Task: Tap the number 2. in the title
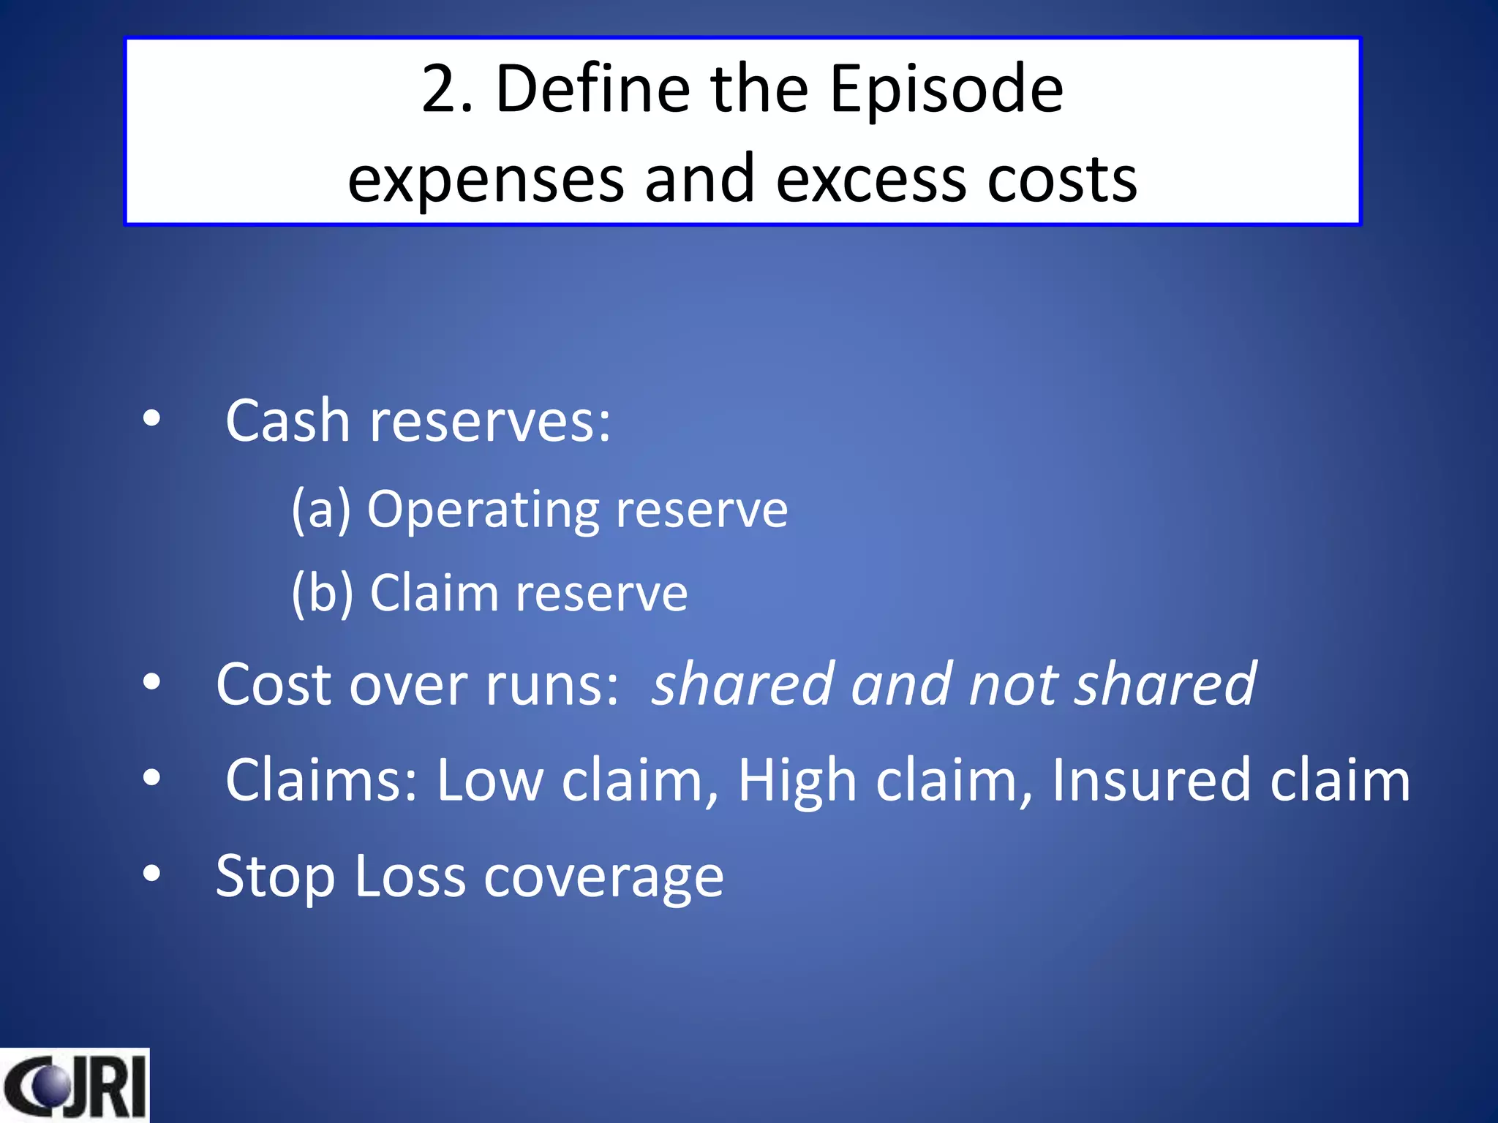[448, 90]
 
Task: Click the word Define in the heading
[592, 90]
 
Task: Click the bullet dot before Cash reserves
[151, 419]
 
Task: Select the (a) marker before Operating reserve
[321, 510]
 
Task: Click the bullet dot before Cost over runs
[151, 681]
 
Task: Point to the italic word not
[1011, 685]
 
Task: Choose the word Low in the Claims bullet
[490, 781]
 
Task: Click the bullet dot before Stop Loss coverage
[151, 873]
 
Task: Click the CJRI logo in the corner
[74, 1087]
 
